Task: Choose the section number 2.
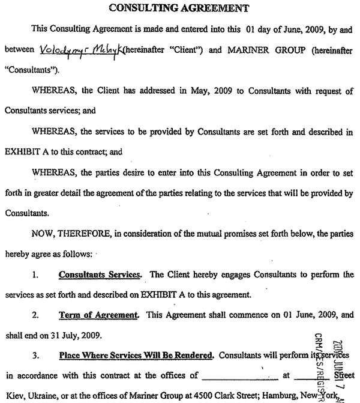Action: (x=36, y=314)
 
